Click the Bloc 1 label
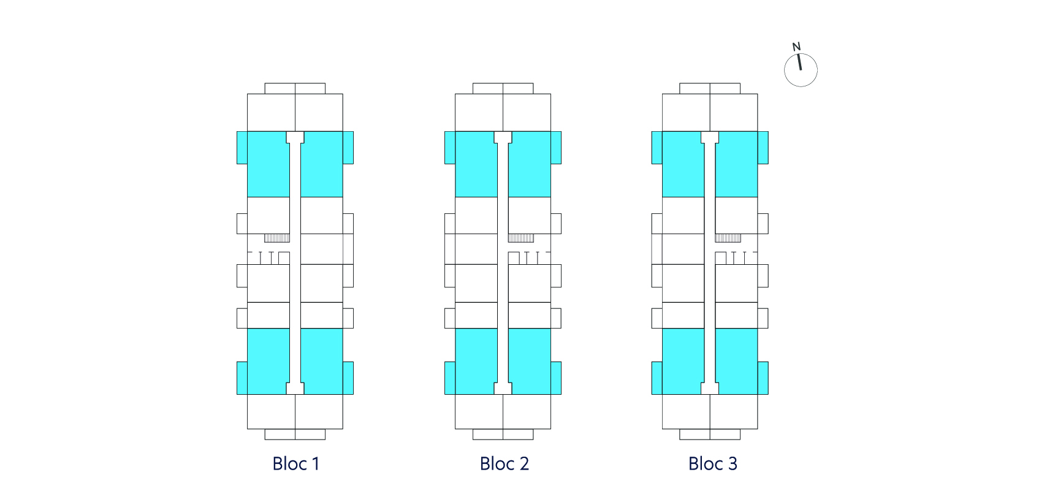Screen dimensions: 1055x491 [x=295, y=463]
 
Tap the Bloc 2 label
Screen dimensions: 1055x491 [x=504, y=463]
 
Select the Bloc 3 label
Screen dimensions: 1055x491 [x=712, y=463]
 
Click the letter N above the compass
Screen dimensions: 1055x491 [x=796, y=47]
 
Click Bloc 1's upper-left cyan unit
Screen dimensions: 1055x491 [x=264, y=164]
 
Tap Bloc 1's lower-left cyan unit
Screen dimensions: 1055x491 [x=264, y=361]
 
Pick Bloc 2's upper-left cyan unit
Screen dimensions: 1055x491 [x=472, y=164]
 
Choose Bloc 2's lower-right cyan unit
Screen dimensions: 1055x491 [x=533, y=361]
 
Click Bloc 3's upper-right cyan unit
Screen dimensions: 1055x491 [x=740, y=164]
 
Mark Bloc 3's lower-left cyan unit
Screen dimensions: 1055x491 [x=679, y=361]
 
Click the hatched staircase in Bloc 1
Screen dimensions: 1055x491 [x=277, y=238]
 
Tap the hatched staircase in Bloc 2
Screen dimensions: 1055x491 [x=521, y=238]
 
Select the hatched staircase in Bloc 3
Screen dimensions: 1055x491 [x=728, y=238]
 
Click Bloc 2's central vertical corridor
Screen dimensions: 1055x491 [x=503, y=262]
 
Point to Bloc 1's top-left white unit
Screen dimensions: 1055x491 [x=271, y=112]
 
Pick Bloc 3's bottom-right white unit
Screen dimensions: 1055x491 [x=734, y=411]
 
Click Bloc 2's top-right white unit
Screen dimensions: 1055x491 [x=527, y=112]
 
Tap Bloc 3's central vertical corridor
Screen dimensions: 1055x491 [x=710, y=262]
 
